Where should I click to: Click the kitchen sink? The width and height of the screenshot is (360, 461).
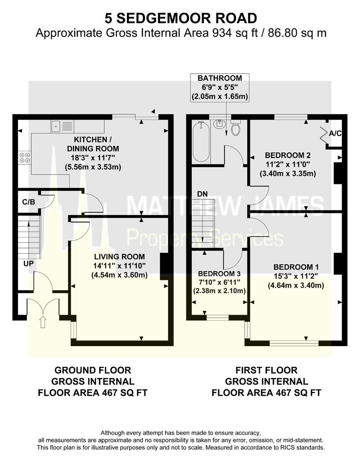pos(62,125)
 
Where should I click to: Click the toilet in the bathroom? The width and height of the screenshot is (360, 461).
pos(236,127)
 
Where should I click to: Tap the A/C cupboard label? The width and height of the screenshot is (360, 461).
pos(335,133)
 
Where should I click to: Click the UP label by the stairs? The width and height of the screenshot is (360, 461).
pos(28,264)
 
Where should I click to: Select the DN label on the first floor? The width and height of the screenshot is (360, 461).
pos(202,194)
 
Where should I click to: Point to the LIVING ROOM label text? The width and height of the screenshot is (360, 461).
pos(120,257)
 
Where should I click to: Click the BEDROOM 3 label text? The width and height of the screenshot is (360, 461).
pos(220,273)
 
